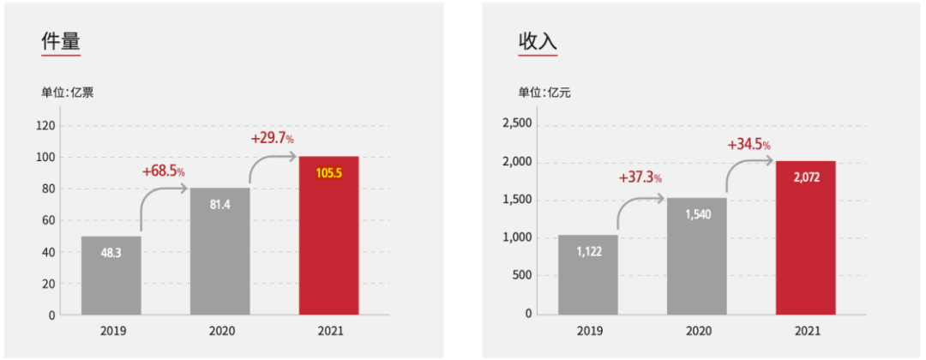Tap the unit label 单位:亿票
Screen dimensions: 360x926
[67, 93]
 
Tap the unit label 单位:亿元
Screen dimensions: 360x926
[544, 93]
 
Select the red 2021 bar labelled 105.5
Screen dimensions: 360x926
[328, 236]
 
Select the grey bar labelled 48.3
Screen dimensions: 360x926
[111, 275]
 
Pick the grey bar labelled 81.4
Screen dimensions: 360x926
[219, 251]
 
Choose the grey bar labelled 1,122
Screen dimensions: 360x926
[587, 274]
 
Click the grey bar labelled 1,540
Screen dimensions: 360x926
[696, 256]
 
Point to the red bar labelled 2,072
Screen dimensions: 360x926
[805, 237]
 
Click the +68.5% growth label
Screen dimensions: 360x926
[164, 171]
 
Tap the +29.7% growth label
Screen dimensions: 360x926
[272, 138]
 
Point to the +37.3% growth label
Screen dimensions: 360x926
[640, 177]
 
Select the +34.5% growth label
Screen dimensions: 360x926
[749, 145]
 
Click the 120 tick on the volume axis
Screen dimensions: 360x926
[45, 125]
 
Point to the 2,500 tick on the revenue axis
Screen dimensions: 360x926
[516, 124]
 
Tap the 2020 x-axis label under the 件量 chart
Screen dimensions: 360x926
[219, 331]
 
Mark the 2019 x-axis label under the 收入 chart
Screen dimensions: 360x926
[587, 331]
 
